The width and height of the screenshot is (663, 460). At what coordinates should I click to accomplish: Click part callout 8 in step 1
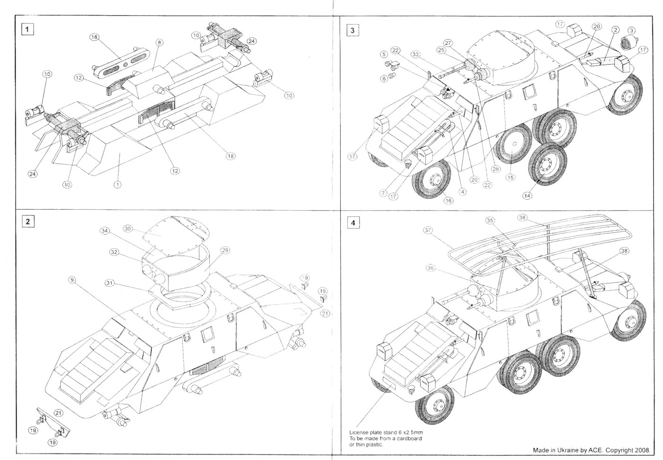159,43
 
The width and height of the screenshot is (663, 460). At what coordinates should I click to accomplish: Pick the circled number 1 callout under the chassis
118,184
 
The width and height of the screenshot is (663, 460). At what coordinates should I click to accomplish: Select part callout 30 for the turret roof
128,229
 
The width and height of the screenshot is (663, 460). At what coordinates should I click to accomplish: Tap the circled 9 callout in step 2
72,280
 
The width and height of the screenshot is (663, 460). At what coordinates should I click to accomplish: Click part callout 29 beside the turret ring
225,250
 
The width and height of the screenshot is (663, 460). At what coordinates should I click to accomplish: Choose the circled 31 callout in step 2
110,283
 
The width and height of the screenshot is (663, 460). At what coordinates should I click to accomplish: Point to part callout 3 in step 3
632,30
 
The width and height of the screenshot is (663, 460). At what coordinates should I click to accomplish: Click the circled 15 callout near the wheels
510,178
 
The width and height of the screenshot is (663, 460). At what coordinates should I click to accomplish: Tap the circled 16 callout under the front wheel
448,201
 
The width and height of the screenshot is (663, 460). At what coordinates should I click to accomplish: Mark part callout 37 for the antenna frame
428,230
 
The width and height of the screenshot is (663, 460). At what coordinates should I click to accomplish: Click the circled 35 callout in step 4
490,220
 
